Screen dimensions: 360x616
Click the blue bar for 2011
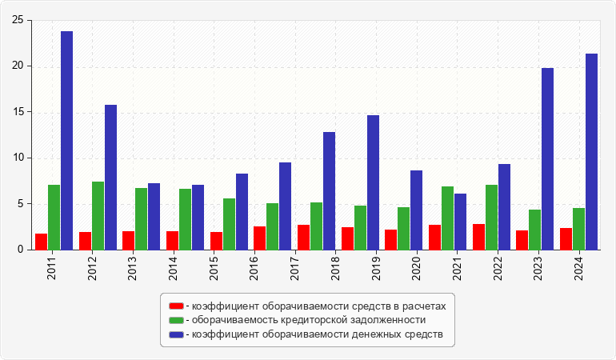point(66,140)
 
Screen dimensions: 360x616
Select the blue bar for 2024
point(591,151)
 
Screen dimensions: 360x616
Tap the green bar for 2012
point(98,215)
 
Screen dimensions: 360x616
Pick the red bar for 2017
point(303,237)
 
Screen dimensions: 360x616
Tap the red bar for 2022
point(478,237)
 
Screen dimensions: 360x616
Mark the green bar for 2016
point(273,226)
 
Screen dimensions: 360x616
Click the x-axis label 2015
point(214,266)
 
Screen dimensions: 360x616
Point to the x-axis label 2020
point(417,266)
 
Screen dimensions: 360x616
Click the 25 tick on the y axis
point(17,20)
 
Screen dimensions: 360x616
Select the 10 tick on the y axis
point(17,158)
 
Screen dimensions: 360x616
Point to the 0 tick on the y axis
point(20,250)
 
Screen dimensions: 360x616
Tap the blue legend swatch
point(176,334)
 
